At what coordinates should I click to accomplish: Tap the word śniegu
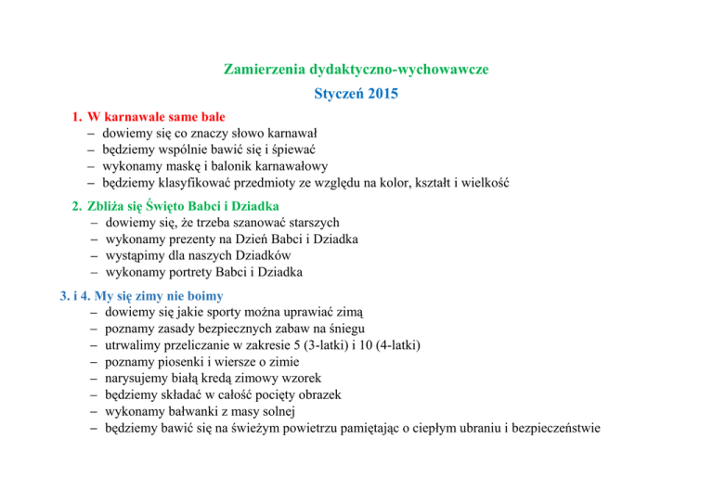click(344, 329)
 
